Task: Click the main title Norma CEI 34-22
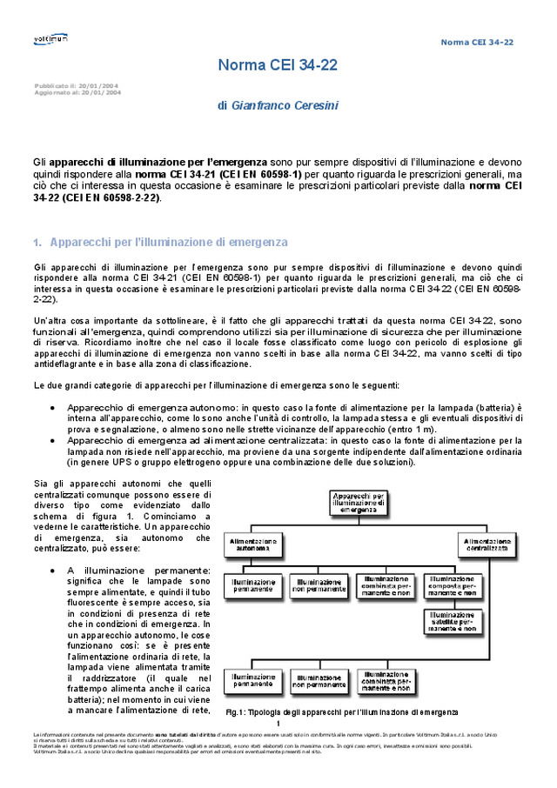[x=278, y=65]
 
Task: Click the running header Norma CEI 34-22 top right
[x=477, y=42]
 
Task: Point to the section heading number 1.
[x=37, y=243]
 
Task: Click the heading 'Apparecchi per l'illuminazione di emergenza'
[x=169, y=242]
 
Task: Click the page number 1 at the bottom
[x=278, y=724]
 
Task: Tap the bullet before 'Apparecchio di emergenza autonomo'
[x=54, y=408]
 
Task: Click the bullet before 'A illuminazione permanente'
[x=54, y=570]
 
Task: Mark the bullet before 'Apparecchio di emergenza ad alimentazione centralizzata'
[x=54, y=441]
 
